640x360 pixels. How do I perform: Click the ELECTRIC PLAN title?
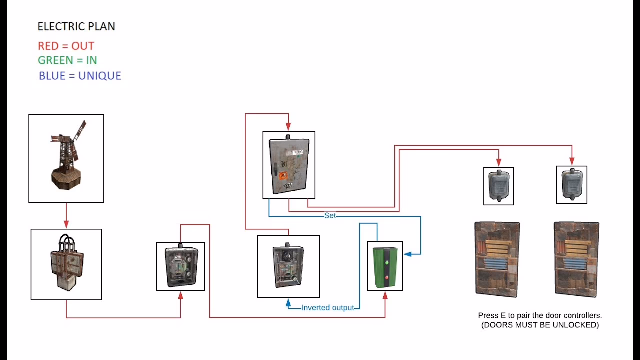76,26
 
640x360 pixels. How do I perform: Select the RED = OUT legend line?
66,46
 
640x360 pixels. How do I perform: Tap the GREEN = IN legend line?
67,60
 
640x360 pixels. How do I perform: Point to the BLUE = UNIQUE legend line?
80,75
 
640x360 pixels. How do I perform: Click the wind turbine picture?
68,155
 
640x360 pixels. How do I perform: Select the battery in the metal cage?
67,262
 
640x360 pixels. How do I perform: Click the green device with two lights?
385,267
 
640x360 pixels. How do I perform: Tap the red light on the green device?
387,277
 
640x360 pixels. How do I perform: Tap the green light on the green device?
387,262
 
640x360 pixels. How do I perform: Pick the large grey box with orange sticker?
289,165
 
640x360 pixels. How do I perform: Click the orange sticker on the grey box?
283,175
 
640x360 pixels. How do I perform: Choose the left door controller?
499,186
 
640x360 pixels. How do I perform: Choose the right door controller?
572,184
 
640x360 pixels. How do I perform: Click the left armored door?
497,259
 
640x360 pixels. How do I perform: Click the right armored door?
577,259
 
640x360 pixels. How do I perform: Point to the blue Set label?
330,215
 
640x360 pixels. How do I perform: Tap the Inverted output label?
327,307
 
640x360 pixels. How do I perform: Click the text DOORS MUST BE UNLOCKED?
540,325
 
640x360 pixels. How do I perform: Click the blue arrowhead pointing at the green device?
407,254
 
